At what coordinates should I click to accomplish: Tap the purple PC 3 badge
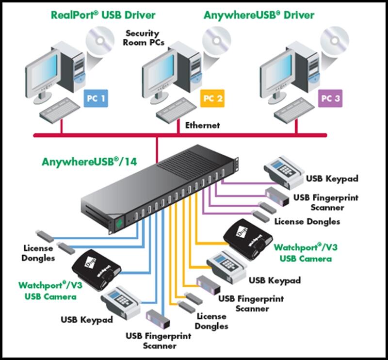[330, 99]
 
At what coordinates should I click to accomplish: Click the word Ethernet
[202, 125]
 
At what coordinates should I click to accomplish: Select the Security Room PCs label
[144, 38]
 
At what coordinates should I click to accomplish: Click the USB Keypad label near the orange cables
[275, 280]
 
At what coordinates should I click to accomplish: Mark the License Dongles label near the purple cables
[307, 221]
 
